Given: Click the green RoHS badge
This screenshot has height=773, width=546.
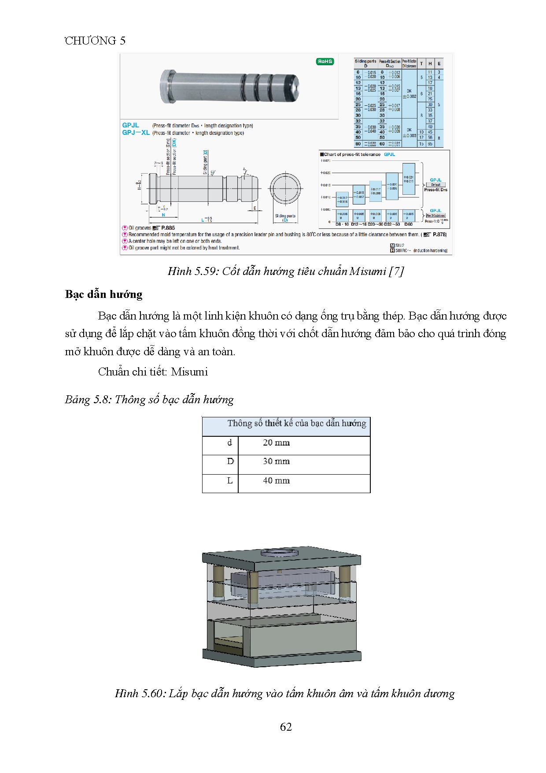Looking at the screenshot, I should click(325, 62).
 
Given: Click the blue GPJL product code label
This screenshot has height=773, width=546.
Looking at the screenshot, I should click(130, 126).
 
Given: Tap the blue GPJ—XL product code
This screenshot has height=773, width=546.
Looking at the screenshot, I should click(136, 133).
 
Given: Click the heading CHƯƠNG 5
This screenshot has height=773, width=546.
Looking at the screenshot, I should click(95, 41).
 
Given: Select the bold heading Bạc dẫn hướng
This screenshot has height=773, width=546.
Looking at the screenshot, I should click(104, 294).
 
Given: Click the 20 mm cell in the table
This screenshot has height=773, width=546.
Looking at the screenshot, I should click(276, 443).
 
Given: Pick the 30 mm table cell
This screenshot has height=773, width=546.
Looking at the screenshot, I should click(276, 461).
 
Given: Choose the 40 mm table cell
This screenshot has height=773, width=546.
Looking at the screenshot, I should click(276, 481).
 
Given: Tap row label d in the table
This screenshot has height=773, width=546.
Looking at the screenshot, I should click(229, 442).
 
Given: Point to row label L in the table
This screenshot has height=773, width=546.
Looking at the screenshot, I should click(229, 481).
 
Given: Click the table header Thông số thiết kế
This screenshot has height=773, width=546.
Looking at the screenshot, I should click(296, 424).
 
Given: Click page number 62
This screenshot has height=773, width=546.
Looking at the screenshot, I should click(286, 727).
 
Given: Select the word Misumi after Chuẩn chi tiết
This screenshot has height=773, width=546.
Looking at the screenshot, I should click(189, 372).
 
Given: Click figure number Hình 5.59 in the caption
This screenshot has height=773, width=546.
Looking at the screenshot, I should click(193, 271).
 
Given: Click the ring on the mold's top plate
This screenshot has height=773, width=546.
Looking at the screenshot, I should click(279, 552).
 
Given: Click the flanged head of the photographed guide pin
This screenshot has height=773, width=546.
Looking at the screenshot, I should click(166, 86).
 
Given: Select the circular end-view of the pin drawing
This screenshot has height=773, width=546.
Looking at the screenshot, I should click(286, 189).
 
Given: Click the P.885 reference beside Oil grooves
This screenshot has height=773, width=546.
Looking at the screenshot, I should click(168, 228).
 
